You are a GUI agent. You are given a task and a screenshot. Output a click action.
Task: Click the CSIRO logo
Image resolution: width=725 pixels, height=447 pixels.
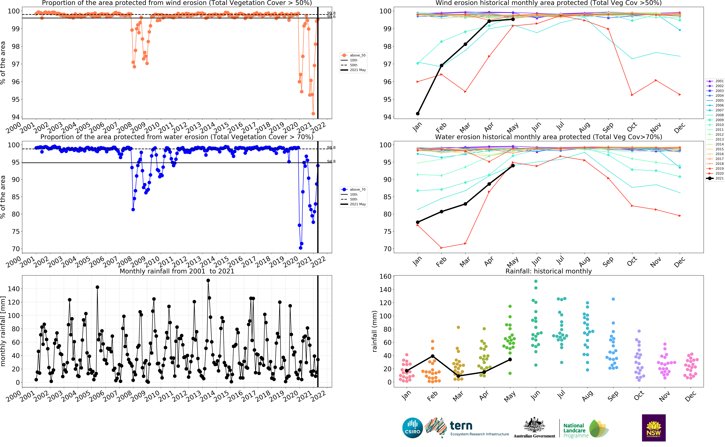[x=412, y=428]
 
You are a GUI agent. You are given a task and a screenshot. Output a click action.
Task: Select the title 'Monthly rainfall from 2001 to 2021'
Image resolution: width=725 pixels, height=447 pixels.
[x=177, y=271]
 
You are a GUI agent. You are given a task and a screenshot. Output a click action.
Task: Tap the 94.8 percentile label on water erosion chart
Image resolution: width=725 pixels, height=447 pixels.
[x=331, y=161]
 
